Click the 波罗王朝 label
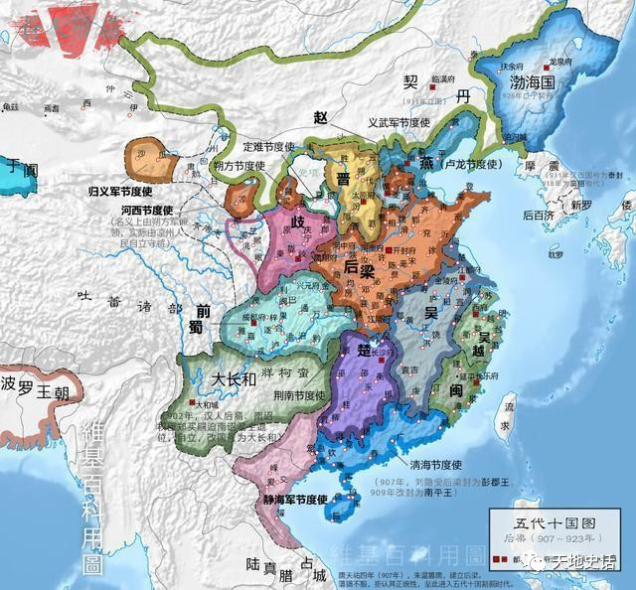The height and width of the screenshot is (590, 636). [37, 382]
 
